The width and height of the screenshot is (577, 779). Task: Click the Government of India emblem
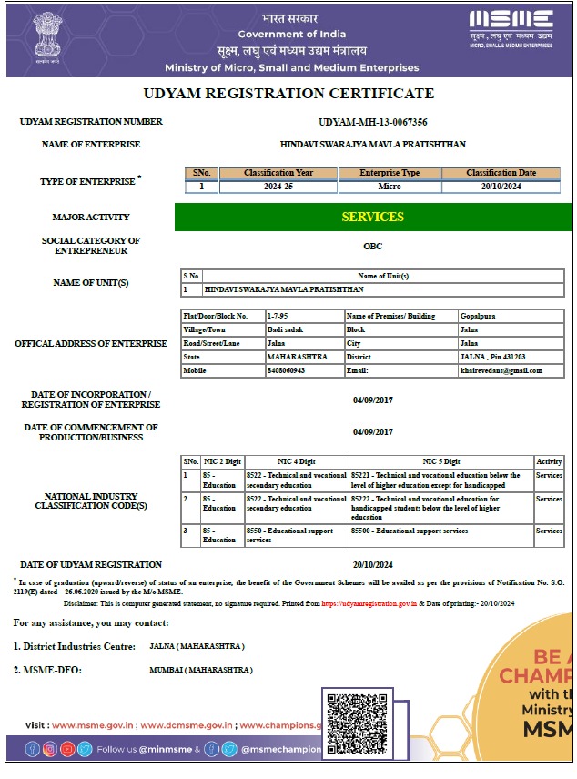[x=46, y=37]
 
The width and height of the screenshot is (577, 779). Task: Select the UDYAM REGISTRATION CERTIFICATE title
[x=288, y=94]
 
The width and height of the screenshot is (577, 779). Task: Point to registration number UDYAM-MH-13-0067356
[x=373, y=122]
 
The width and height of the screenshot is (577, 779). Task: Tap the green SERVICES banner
[x=372, y=217]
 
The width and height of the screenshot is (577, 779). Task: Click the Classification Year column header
[x=278, y=173]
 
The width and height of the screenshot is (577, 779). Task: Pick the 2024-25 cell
[x=278, y=187]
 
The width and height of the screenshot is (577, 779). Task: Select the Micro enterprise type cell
[x=390, y=187]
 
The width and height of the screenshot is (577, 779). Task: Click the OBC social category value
[x=373, y=246]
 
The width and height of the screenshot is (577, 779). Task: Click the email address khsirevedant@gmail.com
[x=501, y=370]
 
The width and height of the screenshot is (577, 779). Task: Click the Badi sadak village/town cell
[x=285, y=329]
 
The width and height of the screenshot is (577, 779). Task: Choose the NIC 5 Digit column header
[x=440, y=461]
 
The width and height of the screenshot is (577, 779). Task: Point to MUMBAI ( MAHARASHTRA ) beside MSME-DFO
[x=201, y=670]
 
